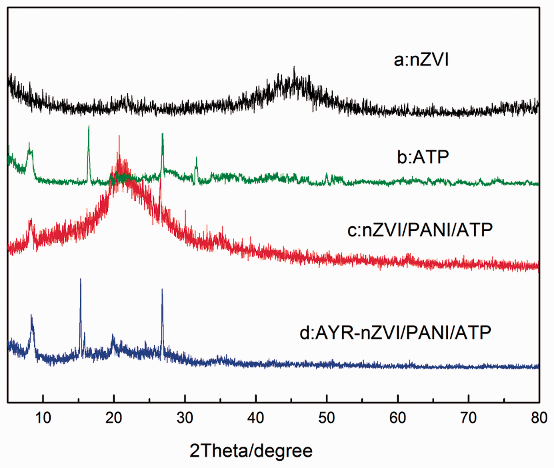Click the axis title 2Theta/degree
click(x=251, y=451)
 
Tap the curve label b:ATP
click(x=423, y=157)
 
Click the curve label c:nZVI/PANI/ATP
click(x=420, y=230)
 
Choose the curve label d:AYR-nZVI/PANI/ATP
click(x=395, y=333)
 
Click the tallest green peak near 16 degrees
click(x=89, y=126)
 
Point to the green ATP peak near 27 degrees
click(x=163, y=134)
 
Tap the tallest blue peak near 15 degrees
click(x=80, y=279)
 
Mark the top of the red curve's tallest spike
click(x=119, y=136)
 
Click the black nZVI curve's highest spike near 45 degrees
click(x=294, y=67)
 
